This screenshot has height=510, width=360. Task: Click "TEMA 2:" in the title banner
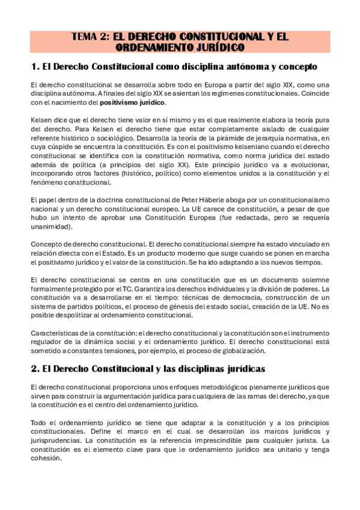[91, 37]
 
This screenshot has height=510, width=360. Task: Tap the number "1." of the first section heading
[35, 66]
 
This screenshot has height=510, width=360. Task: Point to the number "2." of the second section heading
[35, 367]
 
